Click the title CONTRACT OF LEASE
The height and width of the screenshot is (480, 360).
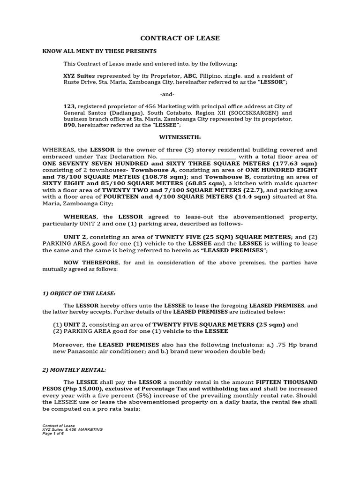[x=180, y=38]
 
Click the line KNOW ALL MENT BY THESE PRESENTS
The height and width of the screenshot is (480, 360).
[x=99, y=51]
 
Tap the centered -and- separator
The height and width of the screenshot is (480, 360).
[x=180, y=94]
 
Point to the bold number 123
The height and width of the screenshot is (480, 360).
[x=69, y=106]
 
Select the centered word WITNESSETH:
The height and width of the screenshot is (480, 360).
[x=180, y=137]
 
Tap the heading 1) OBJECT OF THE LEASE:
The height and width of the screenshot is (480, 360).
[x=79, y=293]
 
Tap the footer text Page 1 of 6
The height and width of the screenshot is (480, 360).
[x=53, y=433]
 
